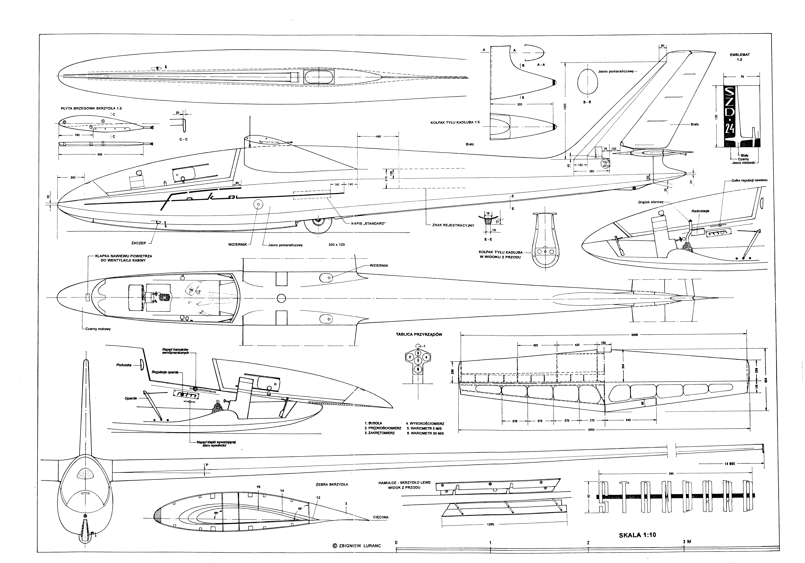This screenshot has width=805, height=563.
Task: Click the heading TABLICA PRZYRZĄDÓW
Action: click(x=419, y=334)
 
